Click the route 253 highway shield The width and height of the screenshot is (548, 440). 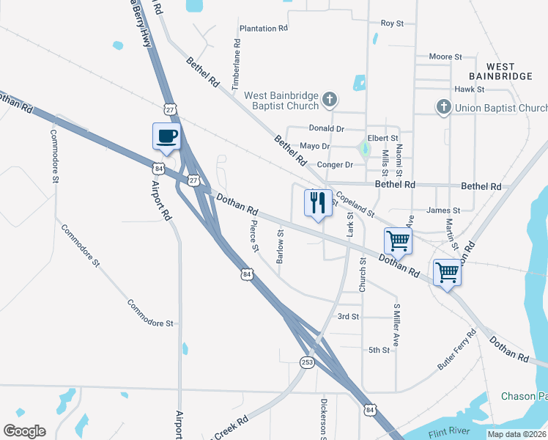point(308,362)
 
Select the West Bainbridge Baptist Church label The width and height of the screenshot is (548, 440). point(281,100)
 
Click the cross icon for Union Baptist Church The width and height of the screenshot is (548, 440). point(443,108)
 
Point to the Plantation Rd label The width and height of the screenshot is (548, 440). point(263,29)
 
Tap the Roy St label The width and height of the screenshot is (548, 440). point(392,23)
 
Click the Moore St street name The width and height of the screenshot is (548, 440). point(445,56)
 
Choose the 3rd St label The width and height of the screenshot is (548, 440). point(347,317)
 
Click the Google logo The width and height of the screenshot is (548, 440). point(24,431)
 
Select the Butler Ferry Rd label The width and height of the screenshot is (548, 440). point(456,348)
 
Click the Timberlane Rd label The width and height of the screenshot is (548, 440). point(236,70)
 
